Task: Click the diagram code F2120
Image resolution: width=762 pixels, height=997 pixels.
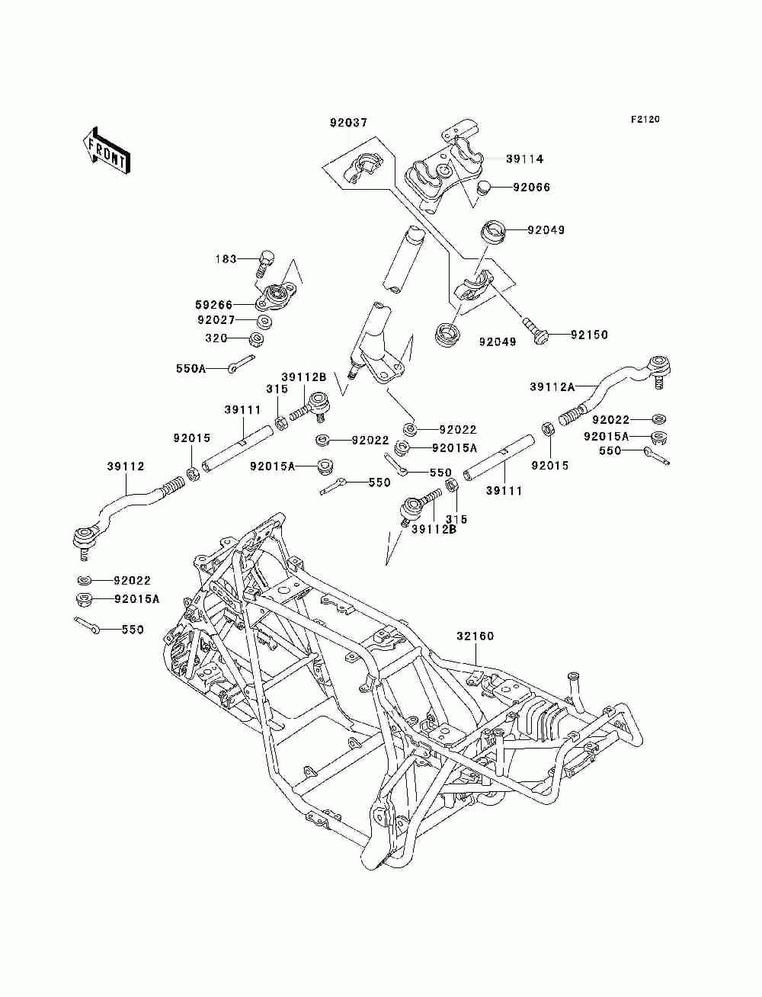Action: (645, 120)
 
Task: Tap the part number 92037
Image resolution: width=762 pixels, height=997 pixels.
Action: (348, 123)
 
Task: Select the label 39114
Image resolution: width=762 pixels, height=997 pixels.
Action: (524, 159)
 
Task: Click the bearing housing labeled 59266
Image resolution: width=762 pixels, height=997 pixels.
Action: (275, 296)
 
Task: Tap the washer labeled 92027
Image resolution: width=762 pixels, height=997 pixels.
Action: (264, 322)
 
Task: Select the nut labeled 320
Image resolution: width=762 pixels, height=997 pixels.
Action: (258, 338)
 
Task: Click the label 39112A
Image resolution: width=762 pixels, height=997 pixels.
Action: (552, 387)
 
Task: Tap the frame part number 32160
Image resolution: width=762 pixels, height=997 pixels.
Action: (475, 636)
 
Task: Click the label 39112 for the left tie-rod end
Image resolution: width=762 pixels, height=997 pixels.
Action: (126, 466)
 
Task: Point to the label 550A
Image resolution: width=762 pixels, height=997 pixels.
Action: (191, 368)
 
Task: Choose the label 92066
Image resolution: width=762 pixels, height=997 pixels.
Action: (531, 188)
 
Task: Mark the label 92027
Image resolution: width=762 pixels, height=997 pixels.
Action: (216, 320)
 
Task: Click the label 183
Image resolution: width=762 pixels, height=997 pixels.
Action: (226, 259)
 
